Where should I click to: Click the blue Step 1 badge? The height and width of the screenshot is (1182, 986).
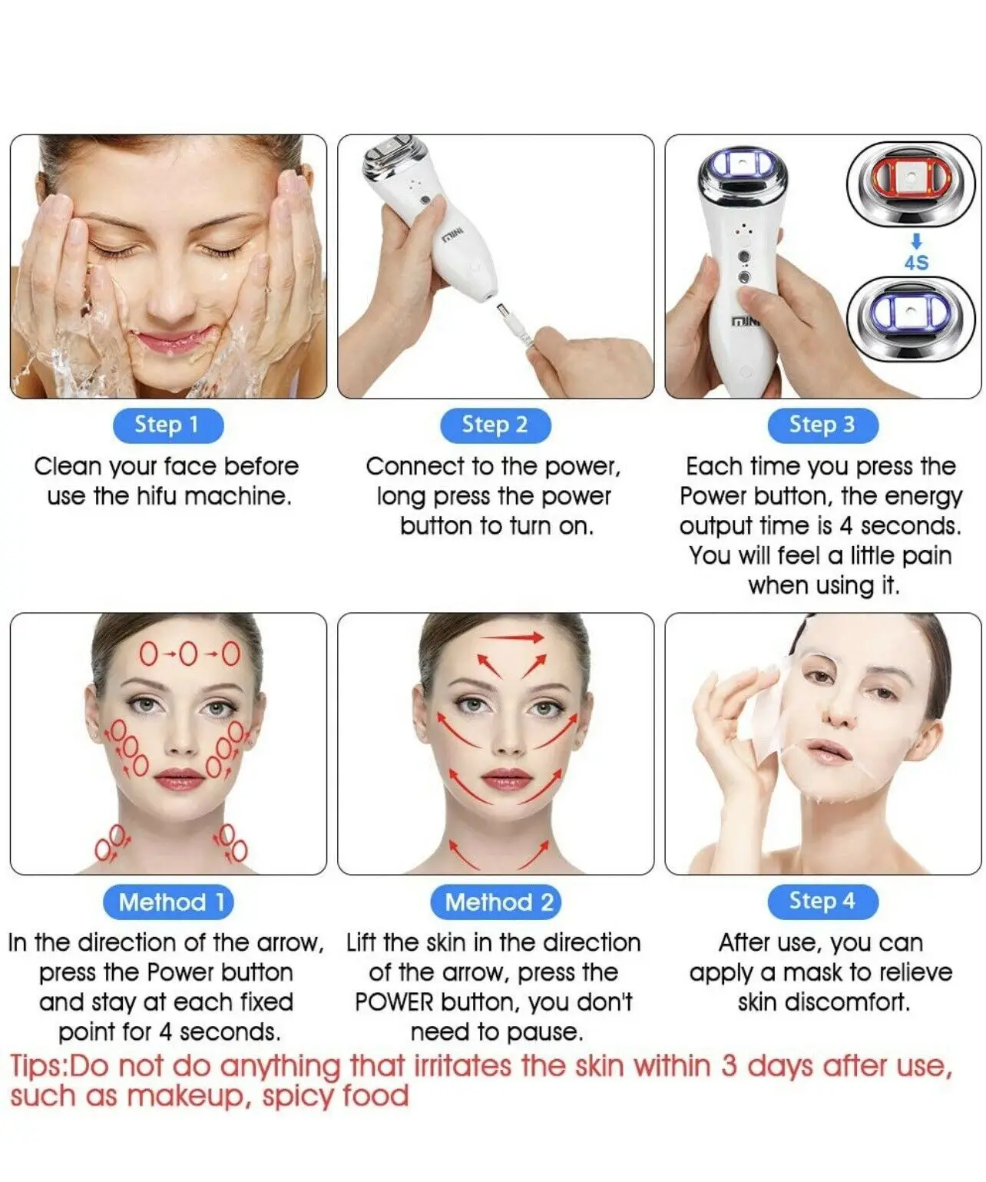coord(168,425)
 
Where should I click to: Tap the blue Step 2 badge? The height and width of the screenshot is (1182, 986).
coord(495,425)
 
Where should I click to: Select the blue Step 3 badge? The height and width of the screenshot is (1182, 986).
coord(822,425)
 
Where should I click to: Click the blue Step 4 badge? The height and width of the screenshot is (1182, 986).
coord(822,902)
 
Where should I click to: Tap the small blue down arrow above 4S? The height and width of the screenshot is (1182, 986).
coord(916,242)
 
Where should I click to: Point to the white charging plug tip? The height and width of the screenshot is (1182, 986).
coord(503,311)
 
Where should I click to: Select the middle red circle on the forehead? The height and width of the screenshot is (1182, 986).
coord(188,654)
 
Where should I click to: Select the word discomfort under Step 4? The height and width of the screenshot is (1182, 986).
coord(823,1002)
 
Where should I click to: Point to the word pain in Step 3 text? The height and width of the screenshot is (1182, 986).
coord(926,556)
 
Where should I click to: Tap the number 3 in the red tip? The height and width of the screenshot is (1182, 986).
coord(730,1065)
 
